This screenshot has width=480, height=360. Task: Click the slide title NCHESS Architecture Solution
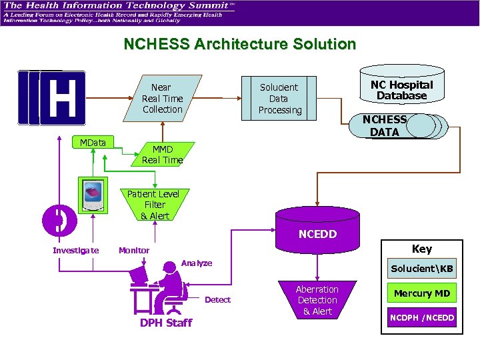click(x=240, y=45)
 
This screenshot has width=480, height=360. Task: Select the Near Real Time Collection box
click(x=162, y=98)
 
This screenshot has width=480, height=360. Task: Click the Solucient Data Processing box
click(x=279, y=99)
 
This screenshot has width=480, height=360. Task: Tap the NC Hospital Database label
click(x=401, y=90)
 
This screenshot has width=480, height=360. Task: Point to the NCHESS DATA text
click(x=384, y=126)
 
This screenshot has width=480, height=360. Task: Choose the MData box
click(x=93, y=142)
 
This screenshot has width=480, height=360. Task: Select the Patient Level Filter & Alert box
click(x=154, y=205)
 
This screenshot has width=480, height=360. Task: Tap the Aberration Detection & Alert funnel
click(x=317, y=300)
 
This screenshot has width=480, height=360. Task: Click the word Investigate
click(x=76, y=250)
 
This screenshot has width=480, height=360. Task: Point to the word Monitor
click(x=134, y=250)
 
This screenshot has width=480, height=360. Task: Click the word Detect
click(x=217, y=300)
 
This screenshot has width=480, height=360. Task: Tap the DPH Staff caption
click(x=165, y=323)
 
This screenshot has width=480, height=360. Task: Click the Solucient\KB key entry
click(x=421, y=269)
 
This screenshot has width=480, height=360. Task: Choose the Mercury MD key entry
click(x=421, y=293)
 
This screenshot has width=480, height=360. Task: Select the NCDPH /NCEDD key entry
click(x=421, y=317)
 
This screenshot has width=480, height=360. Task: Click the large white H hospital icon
click(x=62, y=98)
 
